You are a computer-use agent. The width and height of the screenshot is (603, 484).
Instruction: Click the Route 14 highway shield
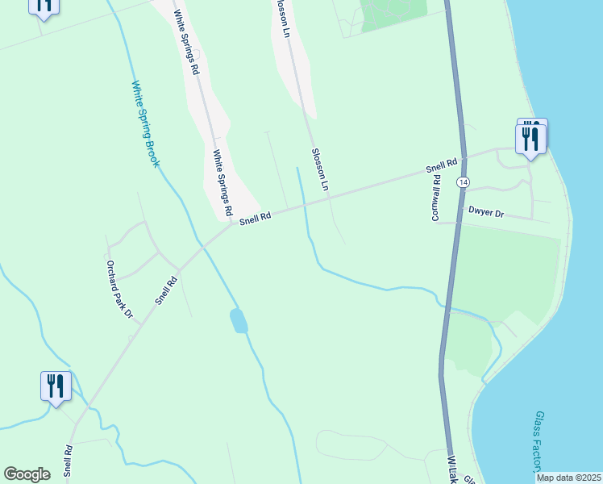pyautogui.click(x=463, y=182)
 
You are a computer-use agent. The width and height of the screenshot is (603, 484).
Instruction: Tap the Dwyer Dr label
pyautogui.click(x=486, y=214)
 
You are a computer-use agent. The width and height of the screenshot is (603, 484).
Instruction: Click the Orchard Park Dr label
pyautogui.click(x=119, y=289)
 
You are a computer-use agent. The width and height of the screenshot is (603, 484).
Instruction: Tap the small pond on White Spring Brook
pyautogui.click(x=239, y=320)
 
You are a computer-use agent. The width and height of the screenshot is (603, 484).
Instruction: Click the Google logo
pyautogui.click(x=27, y=474)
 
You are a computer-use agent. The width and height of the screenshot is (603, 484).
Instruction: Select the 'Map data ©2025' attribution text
pyautogui.click(x=569, y=478)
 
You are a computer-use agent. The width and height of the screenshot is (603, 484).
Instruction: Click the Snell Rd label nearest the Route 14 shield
pyautogui.click(x=442, y=166)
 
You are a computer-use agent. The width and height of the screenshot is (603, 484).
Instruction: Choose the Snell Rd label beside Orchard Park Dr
pyautogui.click(x=167, y=290)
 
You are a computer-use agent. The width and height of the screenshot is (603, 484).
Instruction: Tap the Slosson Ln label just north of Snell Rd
pyautogui.click(x=320, y=169)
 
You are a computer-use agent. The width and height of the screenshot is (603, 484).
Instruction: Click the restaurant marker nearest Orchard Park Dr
pyautogui.click(x=56, y=386)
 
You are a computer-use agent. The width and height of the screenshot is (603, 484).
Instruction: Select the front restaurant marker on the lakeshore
pyautogui.click(x=530, y=138)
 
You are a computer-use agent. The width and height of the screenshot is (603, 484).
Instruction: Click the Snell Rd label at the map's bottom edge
pyautogui.click(x=69, y=461)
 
